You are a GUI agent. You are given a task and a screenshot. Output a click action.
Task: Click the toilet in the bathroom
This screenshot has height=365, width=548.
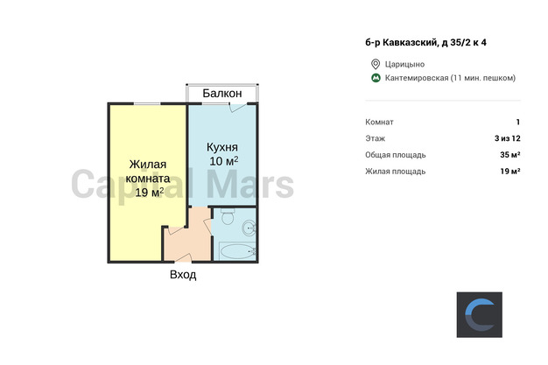pyautogui.click(x=228, y=217)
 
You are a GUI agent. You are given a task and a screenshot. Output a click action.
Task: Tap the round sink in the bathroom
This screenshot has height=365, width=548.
pyautogui.click(x=249, y=228)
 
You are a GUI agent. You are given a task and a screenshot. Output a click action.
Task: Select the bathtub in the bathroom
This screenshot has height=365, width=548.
pyautogui.click(x=237, y=251)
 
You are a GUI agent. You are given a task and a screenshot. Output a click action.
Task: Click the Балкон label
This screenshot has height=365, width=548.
pyautogui.click(x=222, y=94)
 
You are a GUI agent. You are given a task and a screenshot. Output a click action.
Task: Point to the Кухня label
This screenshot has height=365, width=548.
pyautogui.click(x=222, y=147)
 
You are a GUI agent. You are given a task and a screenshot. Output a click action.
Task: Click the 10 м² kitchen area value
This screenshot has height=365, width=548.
pyautogui.click(x=224, y=161)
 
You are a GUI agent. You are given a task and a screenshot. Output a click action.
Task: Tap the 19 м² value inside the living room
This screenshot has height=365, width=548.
pyautogui.click(x=149, y=192)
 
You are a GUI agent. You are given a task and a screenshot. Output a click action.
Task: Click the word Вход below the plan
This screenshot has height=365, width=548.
pyautogui.click(x=183, y=275)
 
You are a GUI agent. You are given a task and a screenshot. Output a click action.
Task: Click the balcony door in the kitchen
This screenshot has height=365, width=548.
pyautogui.click(x=237, y=107)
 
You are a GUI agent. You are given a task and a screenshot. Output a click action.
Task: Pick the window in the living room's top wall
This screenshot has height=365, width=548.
pyautogui.click(x=147, y=103)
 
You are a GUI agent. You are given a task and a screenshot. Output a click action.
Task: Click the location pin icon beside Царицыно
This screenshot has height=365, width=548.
pyautogui.click(x=376, y=64)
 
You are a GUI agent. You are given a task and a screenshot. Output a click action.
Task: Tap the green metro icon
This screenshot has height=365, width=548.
pyautogui.click(x=376, y=78)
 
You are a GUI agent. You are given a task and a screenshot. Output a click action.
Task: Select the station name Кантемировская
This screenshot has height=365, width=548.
pyautogui.click(x=417, y=78)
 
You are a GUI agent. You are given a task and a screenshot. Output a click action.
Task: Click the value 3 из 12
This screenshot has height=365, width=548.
pyautogui.click(x=508, y=138)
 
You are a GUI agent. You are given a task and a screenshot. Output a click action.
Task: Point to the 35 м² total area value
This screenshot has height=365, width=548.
pyautogui.click(x=510, y=155)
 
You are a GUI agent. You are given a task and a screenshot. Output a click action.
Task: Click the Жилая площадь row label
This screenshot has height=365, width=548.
pyautogui.click(x=396, y=172)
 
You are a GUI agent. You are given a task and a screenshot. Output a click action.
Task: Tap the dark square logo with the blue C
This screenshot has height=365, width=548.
pyautogui.click(x=480, y=314)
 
